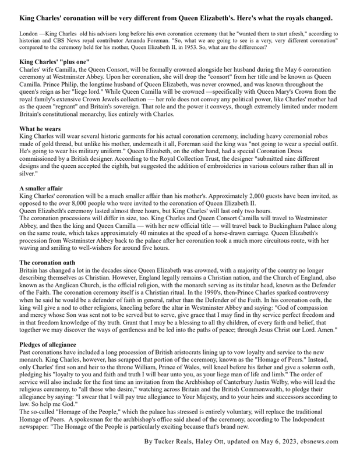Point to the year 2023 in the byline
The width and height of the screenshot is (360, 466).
(x=295, y=441)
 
